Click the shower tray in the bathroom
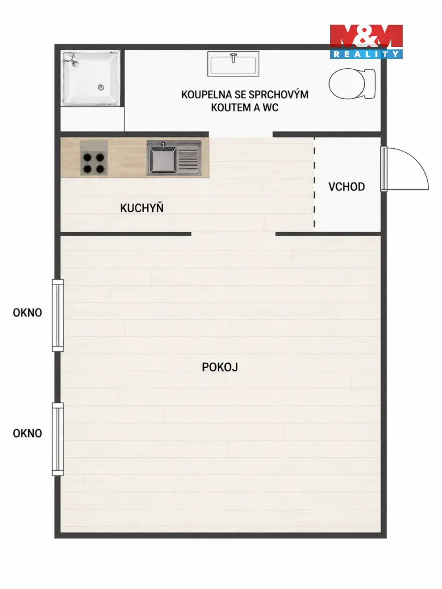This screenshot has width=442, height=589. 91,79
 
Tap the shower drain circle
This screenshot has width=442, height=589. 101,87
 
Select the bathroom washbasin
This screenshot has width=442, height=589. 234,64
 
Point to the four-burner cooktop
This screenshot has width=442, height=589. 94,158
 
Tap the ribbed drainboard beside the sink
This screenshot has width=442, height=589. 188,158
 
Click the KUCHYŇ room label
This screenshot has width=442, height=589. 142,208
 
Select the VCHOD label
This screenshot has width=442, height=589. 347,187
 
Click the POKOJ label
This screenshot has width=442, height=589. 220,367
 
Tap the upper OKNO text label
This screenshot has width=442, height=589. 27,312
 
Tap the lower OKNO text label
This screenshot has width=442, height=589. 27,433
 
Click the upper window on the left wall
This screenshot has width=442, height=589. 57,316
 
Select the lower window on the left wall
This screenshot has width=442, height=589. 57,439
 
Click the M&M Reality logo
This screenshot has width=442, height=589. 366,41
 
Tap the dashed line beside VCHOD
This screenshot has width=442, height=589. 315,183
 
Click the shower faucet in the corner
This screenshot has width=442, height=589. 72,60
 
